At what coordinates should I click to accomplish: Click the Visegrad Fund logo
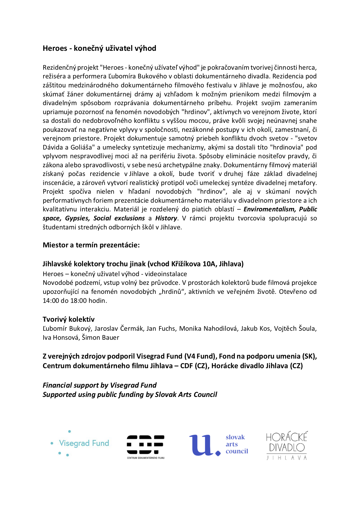80,443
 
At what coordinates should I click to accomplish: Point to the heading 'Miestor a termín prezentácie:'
91,245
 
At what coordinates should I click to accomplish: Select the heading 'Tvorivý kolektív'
69,319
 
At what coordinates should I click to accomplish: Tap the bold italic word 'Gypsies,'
78,218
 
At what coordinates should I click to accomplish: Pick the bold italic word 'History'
166,218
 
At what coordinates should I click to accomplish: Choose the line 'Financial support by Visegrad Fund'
100,385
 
